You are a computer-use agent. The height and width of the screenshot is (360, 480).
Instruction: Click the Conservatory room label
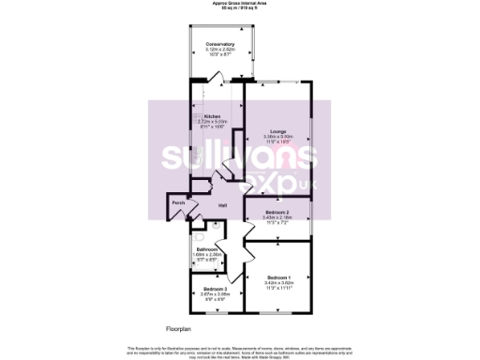point(222,43)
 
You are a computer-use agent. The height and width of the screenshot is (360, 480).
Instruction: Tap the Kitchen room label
point(212,116)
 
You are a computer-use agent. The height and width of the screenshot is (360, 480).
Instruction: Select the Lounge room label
point(278,130)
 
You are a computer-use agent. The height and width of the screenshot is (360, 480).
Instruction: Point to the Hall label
point(223,205)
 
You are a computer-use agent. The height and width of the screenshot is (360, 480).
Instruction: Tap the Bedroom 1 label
point(278,277)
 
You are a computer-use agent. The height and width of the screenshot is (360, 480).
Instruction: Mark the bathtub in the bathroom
point(195,253)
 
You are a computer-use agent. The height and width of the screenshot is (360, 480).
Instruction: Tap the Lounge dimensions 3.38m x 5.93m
point(278,136)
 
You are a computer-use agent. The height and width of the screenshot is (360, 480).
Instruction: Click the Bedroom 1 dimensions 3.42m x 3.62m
point(278,283)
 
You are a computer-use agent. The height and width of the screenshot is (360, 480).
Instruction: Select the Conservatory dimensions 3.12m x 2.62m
point(222,49)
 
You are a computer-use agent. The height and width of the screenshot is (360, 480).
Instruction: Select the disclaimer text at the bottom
point(239,349)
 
